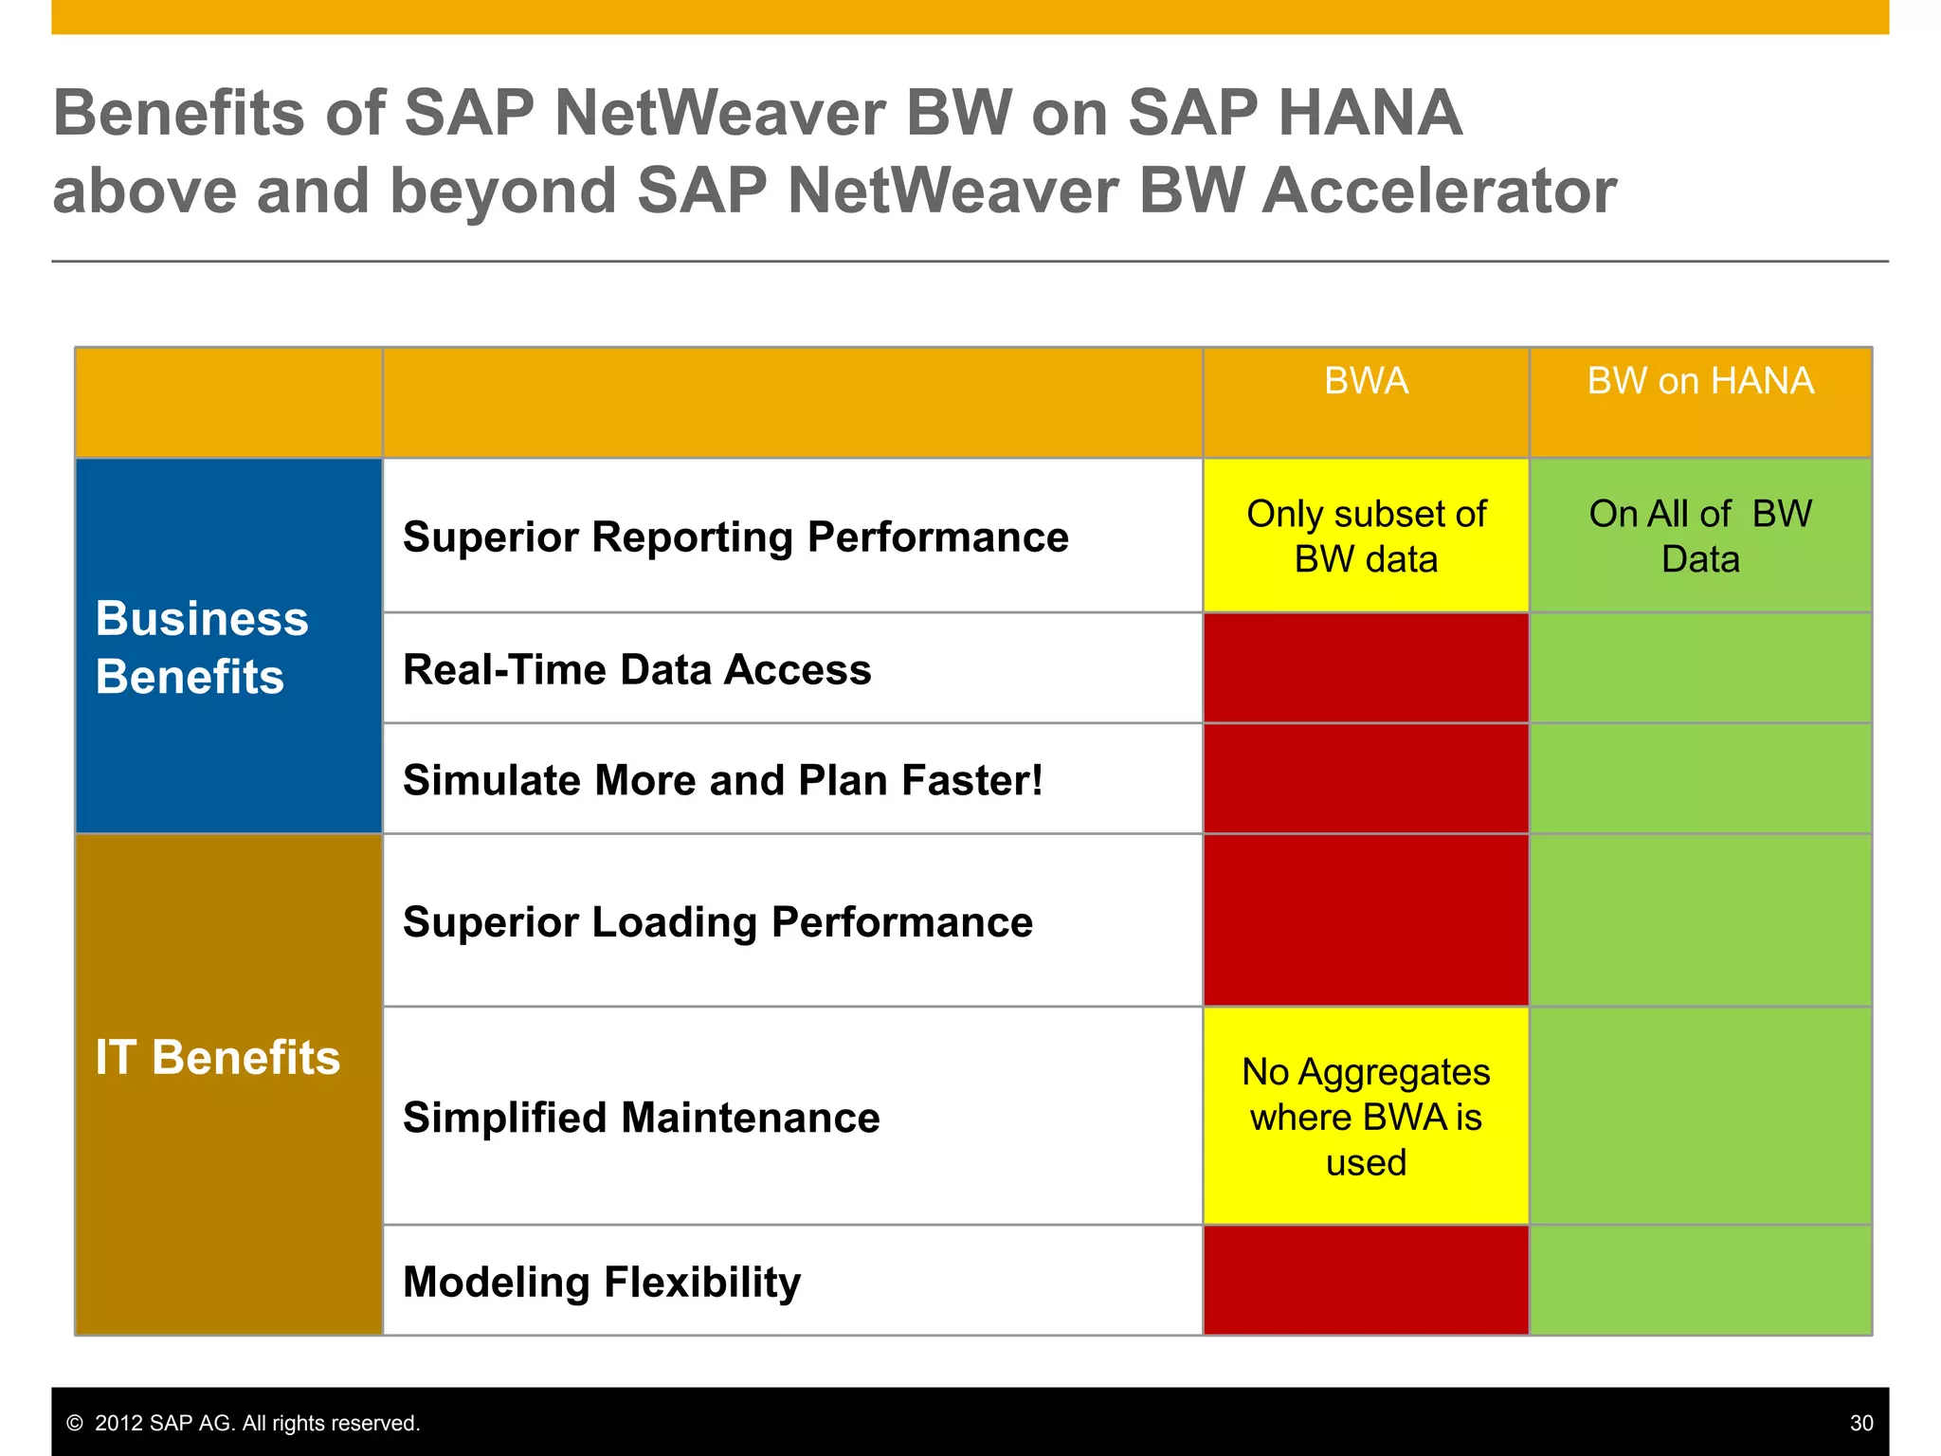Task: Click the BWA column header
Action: pos(1366,381)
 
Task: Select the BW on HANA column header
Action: pos(1700,381)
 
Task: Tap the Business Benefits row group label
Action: pos(202,647)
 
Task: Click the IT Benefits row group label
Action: pos(218,1057)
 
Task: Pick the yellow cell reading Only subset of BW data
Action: pos(1366,537)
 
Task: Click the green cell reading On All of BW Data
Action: pos(1700,537)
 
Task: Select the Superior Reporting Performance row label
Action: pos(735,537)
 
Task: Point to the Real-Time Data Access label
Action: pos(637,669)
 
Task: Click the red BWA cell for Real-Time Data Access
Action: pos(1366,668)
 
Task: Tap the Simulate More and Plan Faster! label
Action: pos(722,780)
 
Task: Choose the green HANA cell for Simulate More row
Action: pos(1700,779)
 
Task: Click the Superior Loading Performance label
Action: pos(717,922)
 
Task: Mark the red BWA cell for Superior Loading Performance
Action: pos(1366,920)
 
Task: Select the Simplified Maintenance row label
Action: pos(642,1118)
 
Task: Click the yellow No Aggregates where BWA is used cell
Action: pos(1366,1117)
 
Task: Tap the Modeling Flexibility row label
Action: pos(602,1282)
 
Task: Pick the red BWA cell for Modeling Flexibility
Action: pos(1366,1281)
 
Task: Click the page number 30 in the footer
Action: pos(1860,1423)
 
